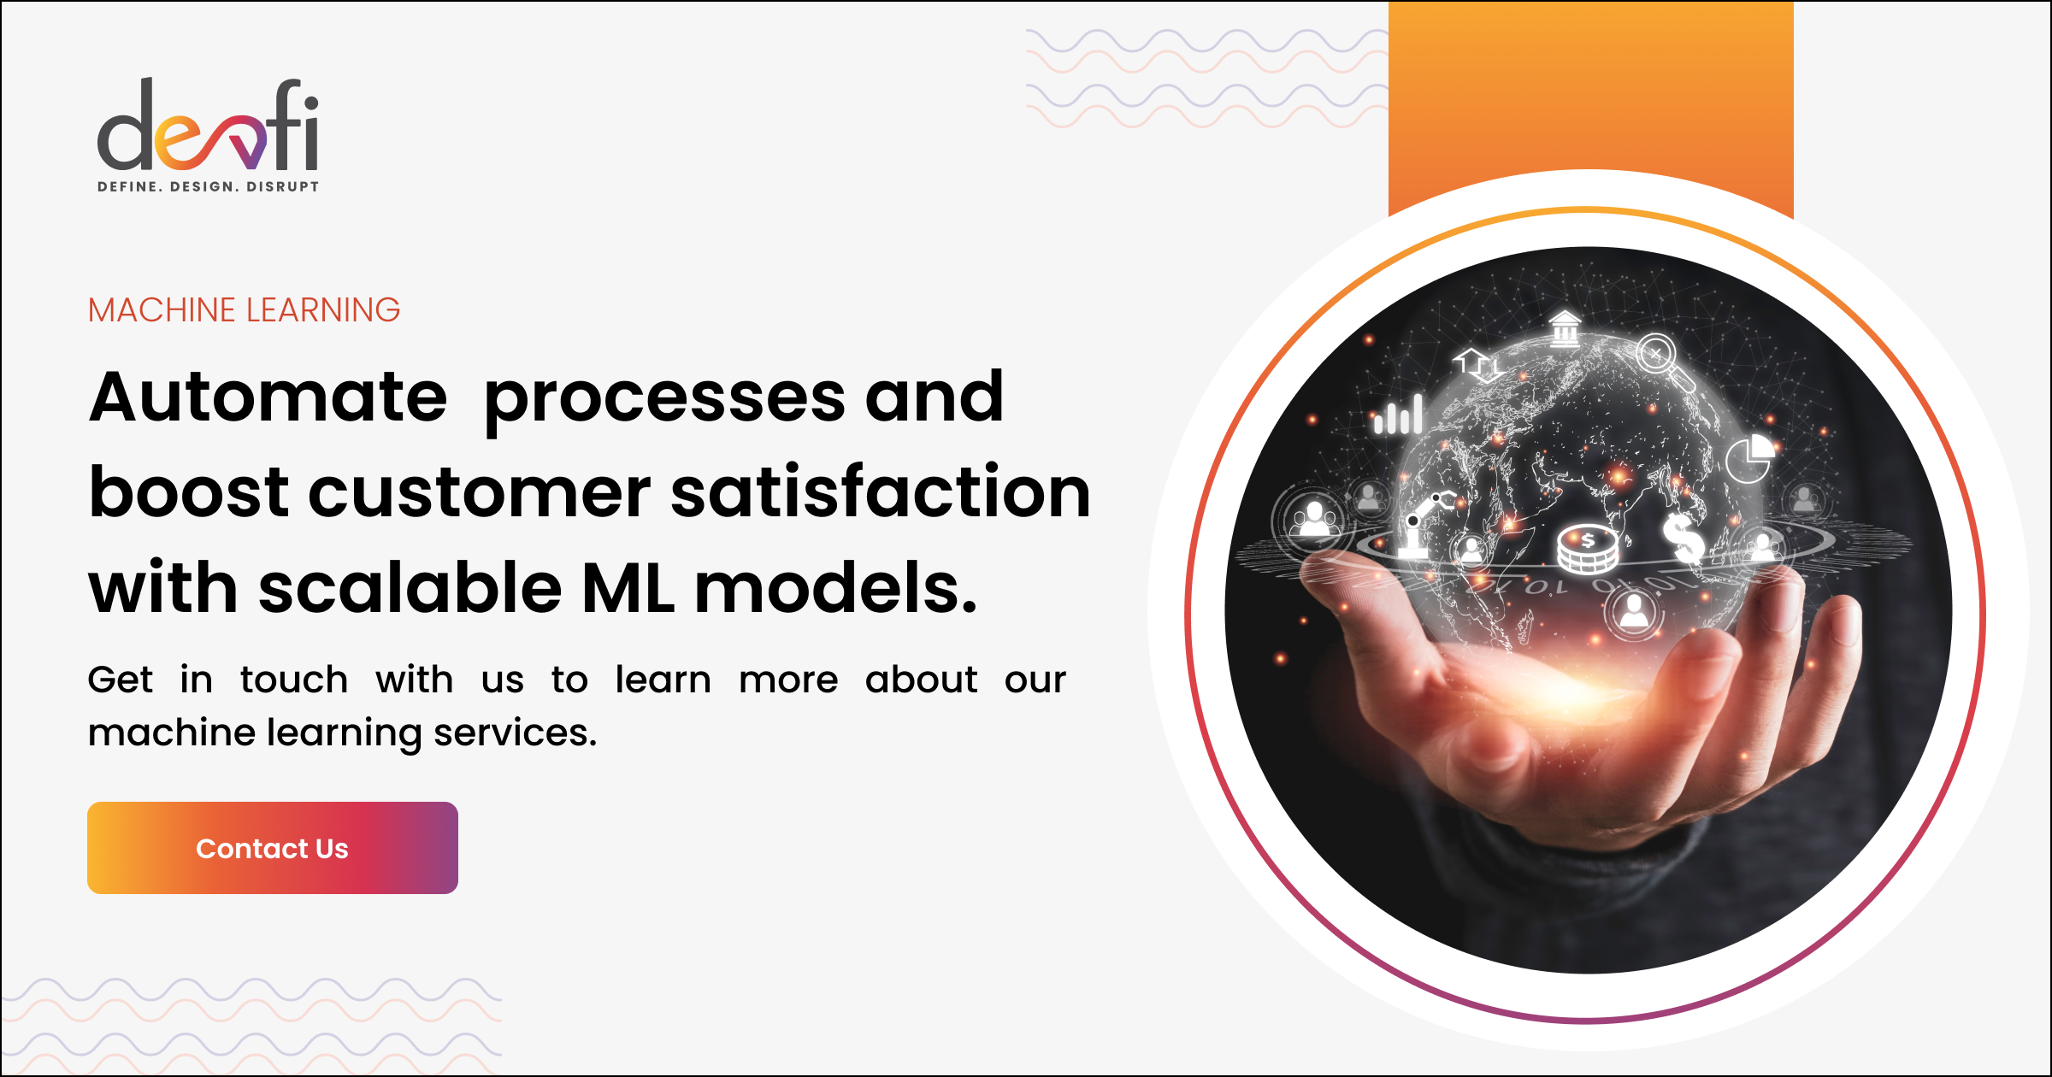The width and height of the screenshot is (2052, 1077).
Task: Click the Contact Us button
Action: tap(273, 848)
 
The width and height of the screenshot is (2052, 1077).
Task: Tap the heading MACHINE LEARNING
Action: tap(244, 310)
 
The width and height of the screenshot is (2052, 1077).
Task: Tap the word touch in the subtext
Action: tap(294, 680)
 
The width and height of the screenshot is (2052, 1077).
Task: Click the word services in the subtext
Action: tap(516, 733)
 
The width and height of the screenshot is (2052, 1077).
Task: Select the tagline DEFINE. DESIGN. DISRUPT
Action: tap(209, 186)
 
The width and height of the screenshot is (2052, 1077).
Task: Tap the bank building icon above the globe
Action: tap(1565, 328)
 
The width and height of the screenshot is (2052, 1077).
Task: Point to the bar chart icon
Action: tap(1398, 415)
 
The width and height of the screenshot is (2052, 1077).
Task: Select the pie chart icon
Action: tap(1749, 458)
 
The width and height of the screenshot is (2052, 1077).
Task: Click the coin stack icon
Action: tap(1587, 549)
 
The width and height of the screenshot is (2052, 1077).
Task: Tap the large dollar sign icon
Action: tap(1683, 538)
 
